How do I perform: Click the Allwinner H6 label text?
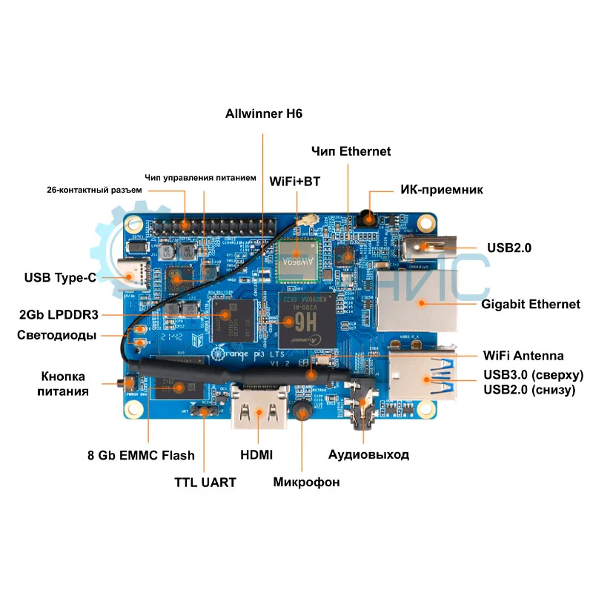[x=264, y=114]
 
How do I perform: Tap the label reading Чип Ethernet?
[x=350, y=151]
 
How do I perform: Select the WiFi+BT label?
[x=294, y=181]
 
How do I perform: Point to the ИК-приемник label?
[x=442, y=190]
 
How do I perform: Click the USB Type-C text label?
[x=60, y=278]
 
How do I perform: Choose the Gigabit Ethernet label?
[x=531, y=304]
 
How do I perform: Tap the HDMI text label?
[x=256, y=454]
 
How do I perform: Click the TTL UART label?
[x=205, y=483]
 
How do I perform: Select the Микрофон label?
[x=306, y=483]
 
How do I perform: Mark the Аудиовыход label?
[x=368, y=454]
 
